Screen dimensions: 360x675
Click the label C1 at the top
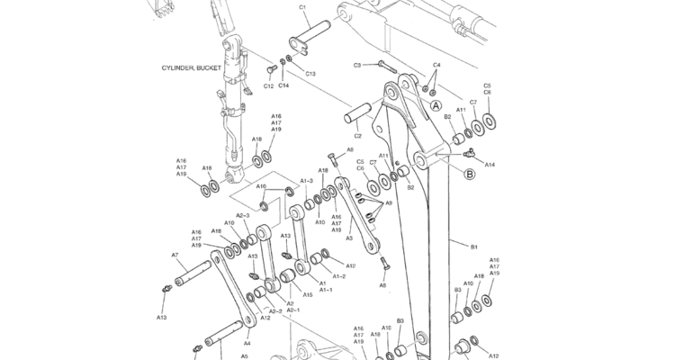302,7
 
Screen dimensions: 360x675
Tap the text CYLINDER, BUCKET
191,67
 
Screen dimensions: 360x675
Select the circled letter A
436,105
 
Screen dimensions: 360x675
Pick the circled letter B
469,175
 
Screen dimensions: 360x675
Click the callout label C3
357,65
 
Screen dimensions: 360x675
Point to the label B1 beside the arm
474,245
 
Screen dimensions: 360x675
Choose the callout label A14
490,165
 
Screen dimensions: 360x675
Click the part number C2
357,136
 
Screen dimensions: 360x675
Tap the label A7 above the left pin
175,256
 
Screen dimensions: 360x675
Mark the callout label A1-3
306,181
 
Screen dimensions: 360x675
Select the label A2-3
242,215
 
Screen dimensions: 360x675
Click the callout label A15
308,294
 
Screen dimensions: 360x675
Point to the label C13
310,74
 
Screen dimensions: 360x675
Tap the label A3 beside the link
349,238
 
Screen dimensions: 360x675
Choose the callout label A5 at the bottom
244,355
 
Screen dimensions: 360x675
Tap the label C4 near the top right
436,65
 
